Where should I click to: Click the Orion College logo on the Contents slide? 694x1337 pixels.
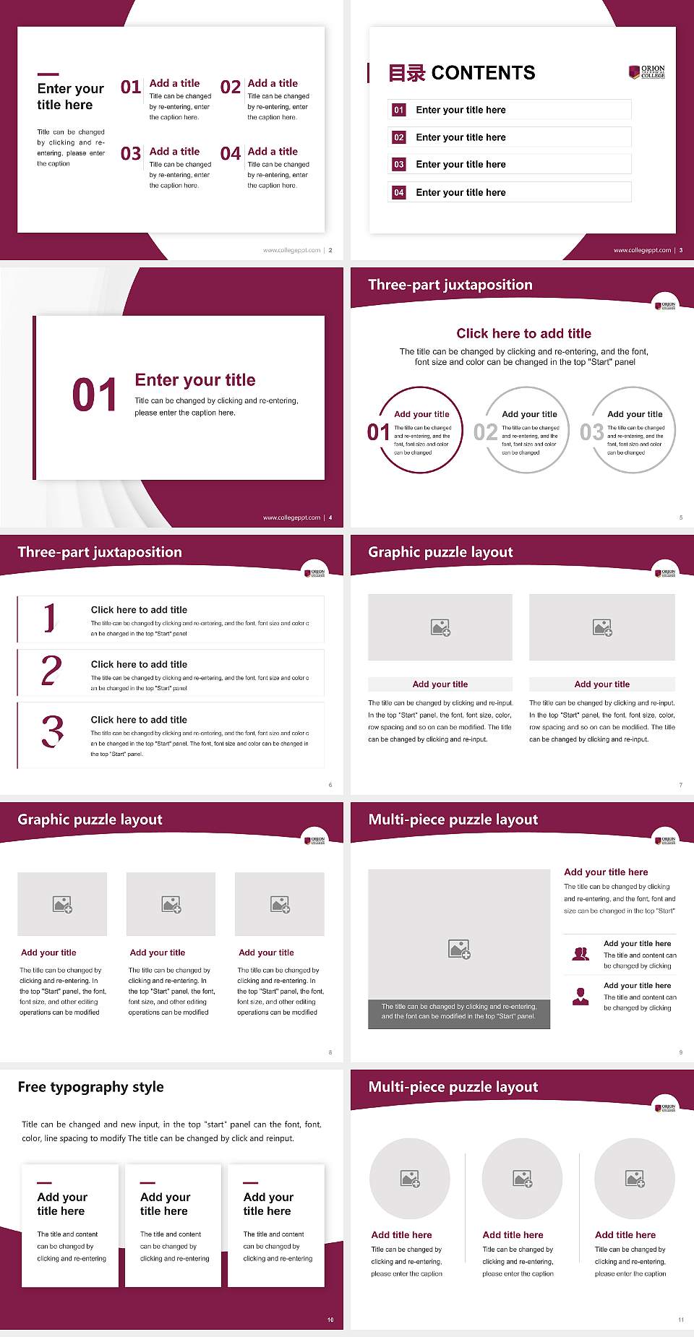point(647,72)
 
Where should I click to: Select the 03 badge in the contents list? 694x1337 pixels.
point(399,165)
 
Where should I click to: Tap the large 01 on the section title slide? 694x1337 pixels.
point(94,395)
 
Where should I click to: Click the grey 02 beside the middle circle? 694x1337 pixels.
point(485,432)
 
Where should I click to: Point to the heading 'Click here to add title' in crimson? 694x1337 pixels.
point(523,333)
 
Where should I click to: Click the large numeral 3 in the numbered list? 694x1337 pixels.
point(52,731)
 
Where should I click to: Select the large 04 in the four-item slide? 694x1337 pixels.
point(231,154)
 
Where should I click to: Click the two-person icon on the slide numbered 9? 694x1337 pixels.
point(581,954)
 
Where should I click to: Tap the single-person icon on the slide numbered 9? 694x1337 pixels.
point(581,997)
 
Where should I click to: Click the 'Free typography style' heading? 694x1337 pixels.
point(90,1087)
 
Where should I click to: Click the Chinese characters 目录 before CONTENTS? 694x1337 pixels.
point(406,73)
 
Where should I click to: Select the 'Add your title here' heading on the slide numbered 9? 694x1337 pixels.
point(606,872)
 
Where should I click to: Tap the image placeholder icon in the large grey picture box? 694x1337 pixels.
point(459,949)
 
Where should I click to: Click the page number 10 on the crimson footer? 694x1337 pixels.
point(330,1320)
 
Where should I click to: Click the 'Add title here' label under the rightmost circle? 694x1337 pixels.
point(625,1235)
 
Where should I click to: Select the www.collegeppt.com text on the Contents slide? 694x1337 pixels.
point(642,250)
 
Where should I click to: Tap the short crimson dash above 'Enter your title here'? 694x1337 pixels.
point(48,74)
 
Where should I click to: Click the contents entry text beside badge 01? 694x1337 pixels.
point(460,110)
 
